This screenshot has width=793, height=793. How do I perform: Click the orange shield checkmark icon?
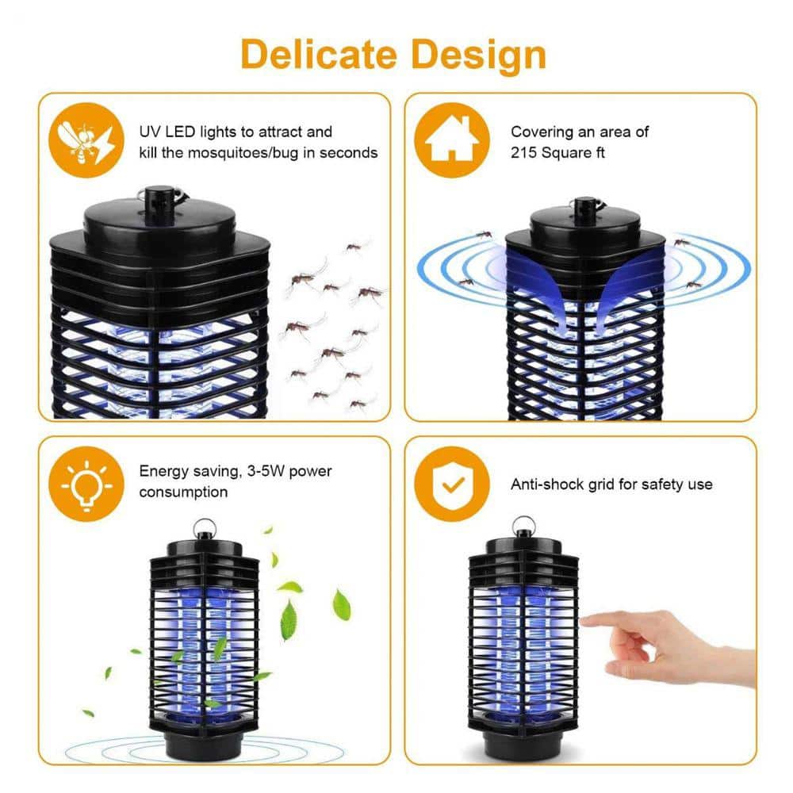point(447,484)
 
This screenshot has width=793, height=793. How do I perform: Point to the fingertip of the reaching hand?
point(588,621)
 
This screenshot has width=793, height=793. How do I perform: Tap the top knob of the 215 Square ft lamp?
point(587,208)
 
